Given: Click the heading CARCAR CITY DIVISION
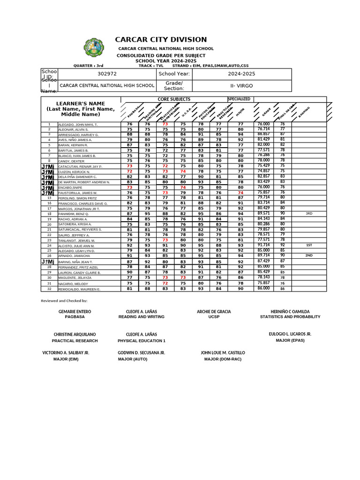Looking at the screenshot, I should (161, 40).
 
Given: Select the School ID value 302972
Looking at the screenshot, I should (107, 74).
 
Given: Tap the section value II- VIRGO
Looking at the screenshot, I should (242, 86).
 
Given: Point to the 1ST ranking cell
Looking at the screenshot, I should (309, 245).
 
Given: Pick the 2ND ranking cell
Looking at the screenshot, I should (309, 256).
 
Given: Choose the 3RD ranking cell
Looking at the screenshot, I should (309, 214).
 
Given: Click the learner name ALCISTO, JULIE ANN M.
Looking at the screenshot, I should (76, 246).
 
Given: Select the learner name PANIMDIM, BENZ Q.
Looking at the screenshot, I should (75, 214).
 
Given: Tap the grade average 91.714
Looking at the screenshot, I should (264, 245).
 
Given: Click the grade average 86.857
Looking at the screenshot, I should (264, 134).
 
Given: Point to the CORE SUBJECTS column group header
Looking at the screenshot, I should (174, 99).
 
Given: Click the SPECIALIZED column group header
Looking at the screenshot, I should (239, 99).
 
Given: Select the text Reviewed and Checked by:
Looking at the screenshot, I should (64, 300).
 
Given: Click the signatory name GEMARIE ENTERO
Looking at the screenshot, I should (75, 311).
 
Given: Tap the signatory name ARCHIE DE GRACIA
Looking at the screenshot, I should (214, 311).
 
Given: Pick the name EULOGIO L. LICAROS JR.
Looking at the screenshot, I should (290, 334).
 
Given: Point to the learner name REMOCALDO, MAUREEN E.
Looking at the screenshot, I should (79, 289).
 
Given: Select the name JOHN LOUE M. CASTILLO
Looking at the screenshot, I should (223, 352).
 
